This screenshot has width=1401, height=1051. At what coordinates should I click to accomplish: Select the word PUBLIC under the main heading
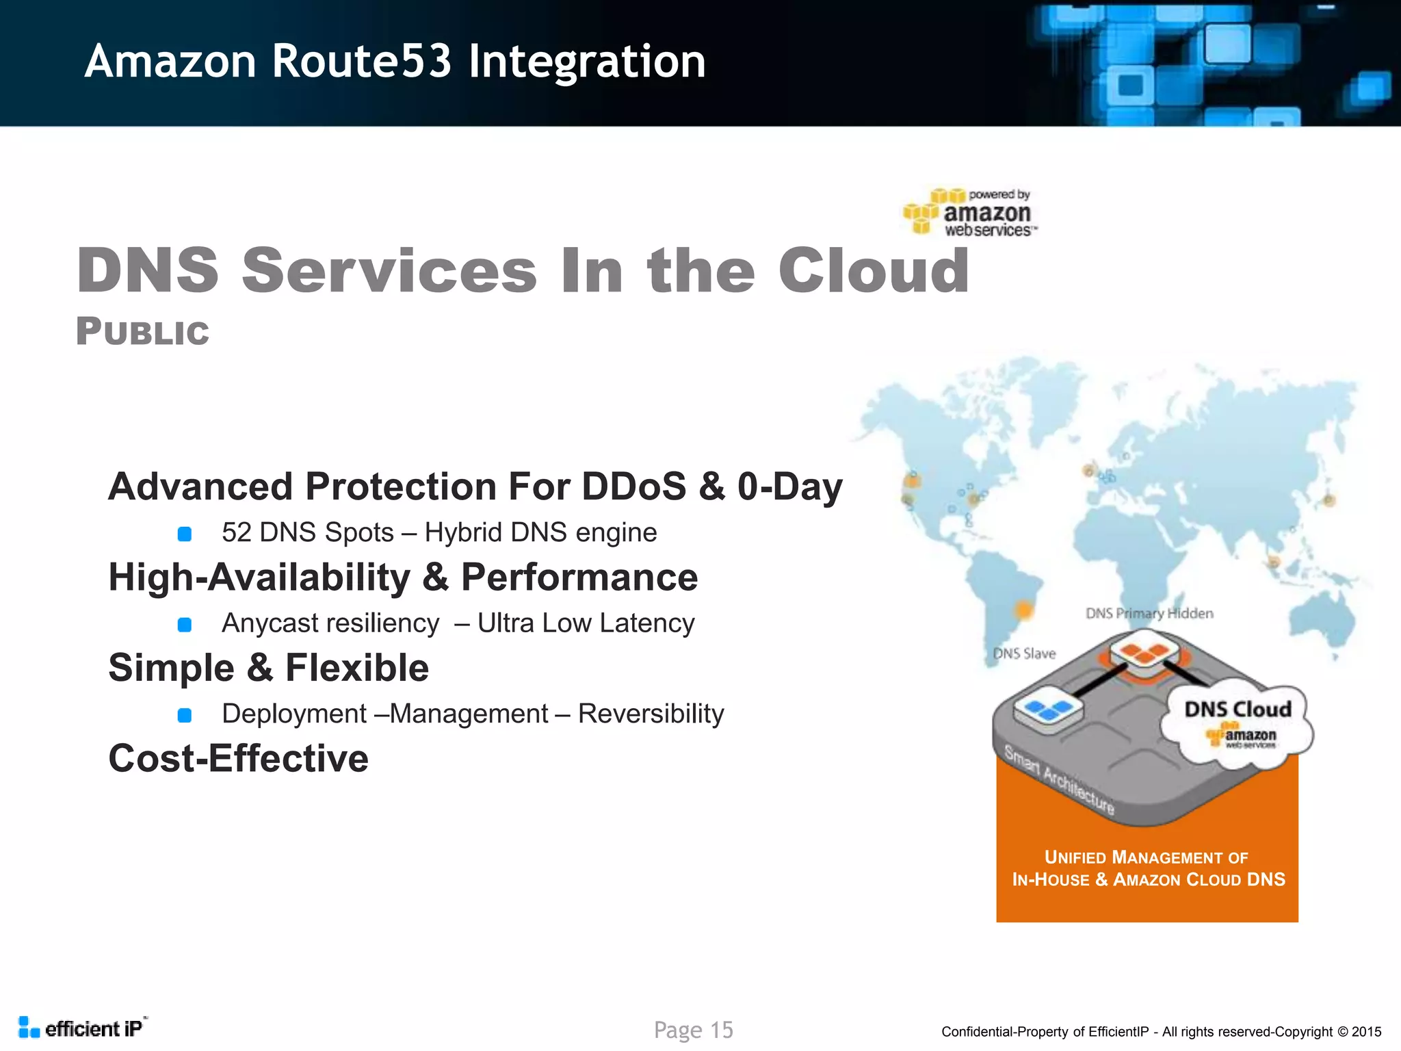coord(142,332)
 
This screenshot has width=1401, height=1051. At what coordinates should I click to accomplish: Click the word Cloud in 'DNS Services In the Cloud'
coord(874,271)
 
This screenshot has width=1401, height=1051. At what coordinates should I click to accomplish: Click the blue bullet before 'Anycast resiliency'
coord(184,624)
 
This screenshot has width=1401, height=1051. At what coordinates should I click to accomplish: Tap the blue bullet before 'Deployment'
coord(184,715)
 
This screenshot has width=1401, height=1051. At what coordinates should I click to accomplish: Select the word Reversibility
coord(651,714)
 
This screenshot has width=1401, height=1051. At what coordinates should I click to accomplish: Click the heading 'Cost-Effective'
coord(238,758)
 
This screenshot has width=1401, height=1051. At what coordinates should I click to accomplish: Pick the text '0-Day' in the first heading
coord(789,486)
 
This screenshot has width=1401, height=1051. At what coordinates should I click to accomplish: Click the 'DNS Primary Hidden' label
coord(1149,613)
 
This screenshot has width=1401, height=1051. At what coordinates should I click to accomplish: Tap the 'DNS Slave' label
coord(1024,653)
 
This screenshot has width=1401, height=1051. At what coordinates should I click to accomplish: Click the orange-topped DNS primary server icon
coord(1144,653)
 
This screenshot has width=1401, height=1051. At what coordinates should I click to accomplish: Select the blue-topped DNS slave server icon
coord(1048,710)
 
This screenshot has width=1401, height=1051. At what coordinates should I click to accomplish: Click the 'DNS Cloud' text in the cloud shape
coord(1238,709)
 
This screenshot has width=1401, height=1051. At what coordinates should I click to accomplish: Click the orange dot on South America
coord(1024,608)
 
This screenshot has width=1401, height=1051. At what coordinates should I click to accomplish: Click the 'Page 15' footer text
coord(693,1030)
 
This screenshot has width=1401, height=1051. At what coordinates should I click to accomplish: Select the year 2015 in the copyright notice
coord(1366,1032)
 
